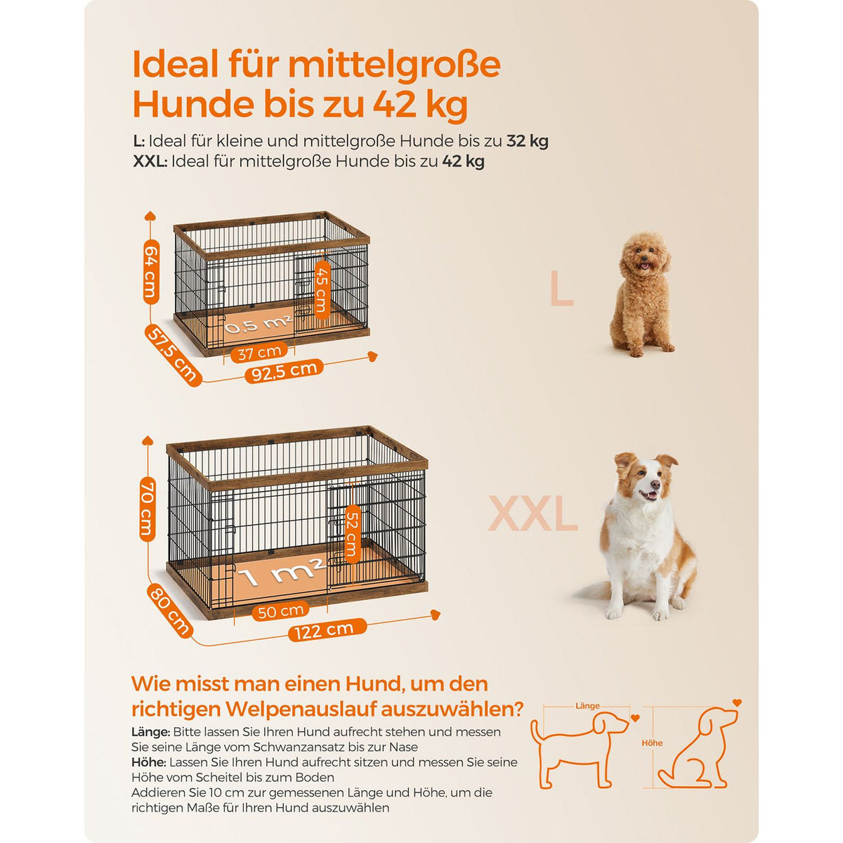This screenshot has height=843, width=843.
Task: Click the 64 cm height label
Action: [x=151, y=272]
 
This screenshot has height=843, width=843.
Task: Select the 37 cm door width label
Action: [x=259, y=352]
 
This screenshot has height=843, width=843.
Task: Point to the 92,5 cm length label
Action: [x=285, y=370]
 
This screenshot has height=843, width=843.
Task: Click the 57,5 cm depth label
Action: [x=173, y=355]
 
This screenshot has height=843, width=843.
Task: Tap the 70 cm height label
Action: [x=148, y=509]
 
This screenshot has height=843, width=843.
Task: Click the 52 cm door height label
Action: [x=353, y=534]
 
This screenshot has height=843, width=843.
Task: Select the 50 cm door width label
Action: [x=280, y=611]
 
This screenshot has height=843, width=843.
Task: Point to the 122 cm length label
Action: [x=327, y=630]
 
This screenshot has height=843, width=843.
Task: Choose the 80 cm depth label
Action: [x=171, y=610]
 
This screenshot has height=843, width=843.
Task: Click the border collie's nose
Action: [x=655, y=484]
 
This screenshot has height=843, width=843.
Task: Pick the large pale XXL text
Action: [x=532, y=513]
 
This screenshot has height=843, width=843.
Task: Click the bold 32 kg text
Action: [x=528, y=141]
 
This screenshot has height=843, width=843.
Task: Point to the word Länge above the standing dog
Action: [x=587, y=705]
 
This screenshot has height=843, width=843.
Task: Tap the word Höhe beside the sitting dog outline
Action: [x=652, y=743]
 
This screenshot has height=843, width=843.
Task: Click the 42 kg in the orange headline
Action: [x=420, y=105]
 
